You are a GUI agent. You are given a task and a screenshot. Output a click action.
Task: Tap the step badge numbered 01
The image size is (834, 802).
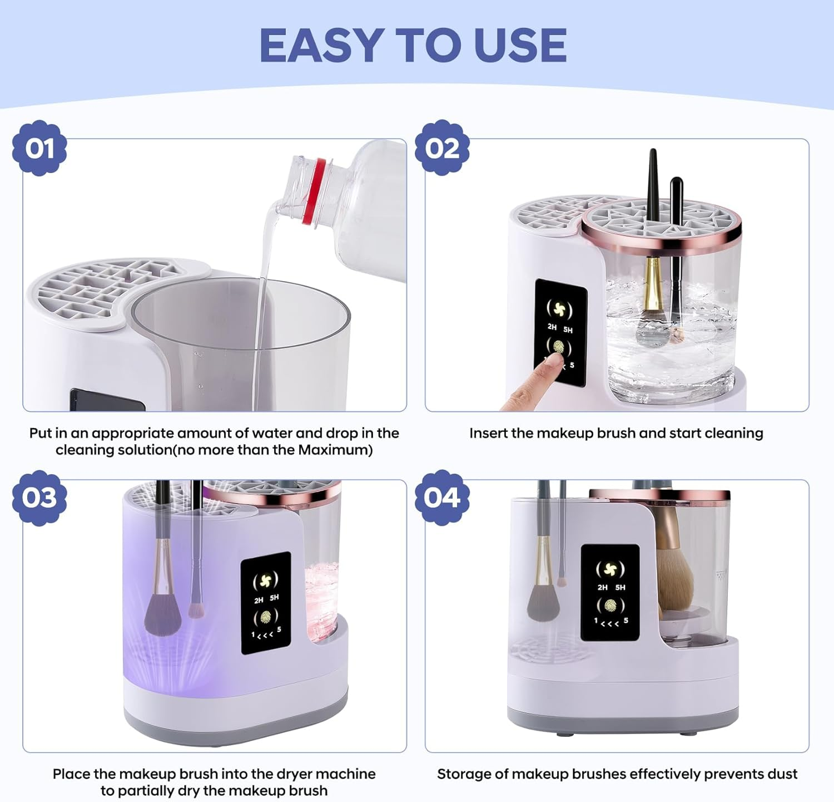coord(39,148)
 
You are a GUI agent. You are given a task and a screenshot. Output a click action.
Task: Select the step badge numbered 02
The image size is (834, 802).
coord(442,148)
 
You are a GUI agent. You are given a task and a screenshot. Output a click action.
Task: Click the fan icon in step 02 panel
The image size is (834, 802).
coord(559,309)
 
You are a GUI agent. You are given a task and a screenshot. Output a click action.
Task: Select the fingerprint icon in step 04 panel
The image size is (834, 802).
coord(610,605)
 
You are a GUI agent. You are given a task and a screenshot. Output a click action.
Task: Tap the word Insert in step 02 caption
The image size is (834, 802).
coord(488,433)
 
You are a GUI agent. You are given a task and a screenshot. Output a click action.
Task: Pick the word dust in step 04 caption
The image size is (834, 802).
coord(782,774)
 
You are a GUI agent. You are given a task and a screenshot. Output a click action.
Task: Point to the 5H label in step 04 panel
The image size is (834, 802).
coord(620,587)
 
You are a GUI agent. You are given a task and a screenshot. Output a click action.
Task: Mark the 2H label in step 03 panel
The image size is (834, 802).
coord(259,601)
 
